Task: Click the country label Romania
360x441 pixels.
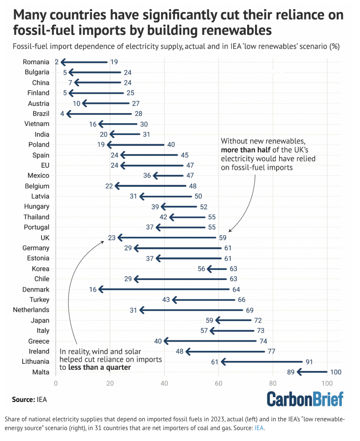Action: pos(36,62)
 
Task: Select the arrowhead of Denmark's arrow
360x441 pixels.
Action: pos(100,289)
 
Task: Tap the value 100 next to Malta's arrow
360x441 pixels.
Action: pos(336,372)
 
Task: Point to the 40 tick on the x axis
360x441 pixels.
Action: pos(164,382)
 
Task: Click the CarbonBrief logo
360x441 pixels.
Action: pos(305,399)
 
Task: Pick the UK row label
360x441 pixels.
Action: pos(44,238)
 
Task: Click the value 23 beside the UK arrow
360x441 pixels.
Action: pos(111,238)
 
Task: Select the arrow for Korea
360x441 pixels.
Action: pos(217,269)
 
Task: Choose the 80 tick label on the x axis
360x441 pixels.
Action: pos(272,382)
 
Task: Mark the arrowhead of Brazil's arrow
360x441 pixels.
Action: pos(68,114)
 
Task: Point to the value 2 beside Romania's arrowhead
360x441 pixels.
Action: pos(57,62)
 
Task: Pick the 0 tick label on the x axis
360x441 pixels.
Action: pos(55,382)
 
